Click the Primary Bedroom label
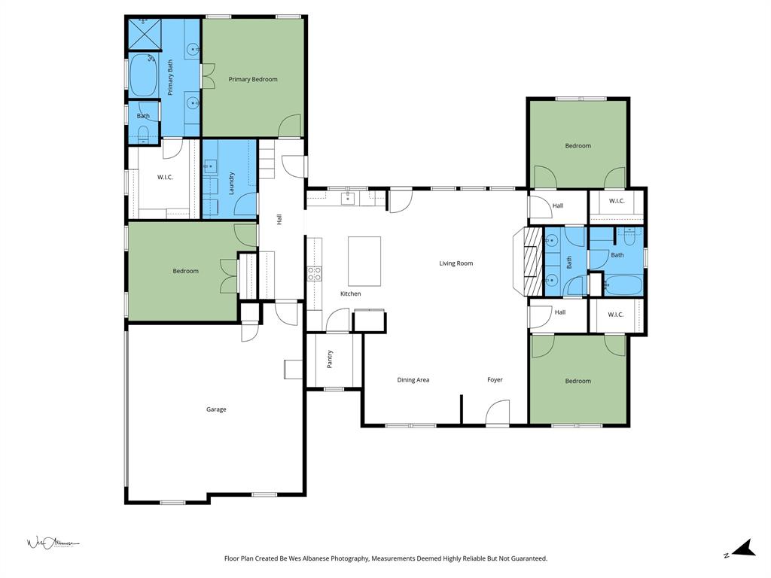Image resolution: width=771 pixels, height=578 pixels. coord(253,79)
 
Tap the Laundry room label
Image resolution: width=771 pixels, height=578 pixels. coord(232,183)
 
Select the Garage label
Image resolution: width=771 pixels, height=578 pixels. coord(216,409)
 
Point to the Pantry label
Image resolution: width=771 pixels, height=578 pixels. coord(330,359)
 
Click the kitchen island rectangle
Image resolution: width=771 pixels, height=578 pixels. coord(364,261)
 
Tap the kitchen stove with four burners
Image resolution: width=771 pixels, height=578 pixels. coord(314,273)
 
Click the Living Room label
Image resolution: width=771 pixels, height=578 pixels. coord(456,263)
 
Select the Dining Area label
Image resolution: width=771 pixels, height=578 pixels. coord(413,380)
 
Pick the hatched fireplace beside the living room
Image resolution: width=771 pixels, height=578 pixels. coord(532,260)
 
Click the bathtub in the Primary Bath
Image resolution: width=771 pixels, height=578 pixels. coord(143,75)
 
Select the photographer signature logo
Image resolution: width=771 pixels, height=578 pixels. coord(53,543)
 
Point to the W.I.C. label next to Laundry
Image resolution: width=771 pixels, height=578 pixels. coord(166,178)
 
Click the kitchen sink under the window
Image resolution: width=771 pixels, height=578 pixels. coord(348,199)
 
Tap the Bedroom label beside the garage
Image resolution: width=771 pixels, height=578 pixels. coord(186,271)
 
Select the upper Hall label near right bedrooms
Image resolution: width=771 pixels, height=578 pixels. coord(558,205)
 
